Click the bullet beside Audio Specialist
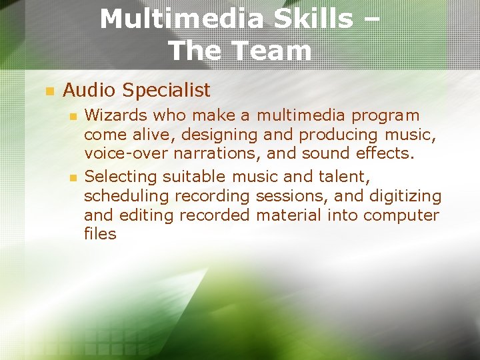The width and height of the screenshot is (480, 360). click(x=48, y=90)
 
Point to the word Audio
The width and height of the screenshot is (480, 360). click(x=90, y=90)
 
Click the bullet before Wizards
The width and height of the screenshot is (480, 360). click(x=73, y=117)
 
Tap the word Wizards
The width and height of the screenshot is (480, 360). click(x=115, y=115)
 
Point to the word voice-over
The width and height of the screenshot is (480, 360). click(x=127, y=153)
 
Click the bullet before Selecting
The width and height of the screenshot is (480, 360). click(x=73, y=178)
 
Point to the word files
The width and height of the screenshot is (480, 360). click(x=100, y=233)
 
